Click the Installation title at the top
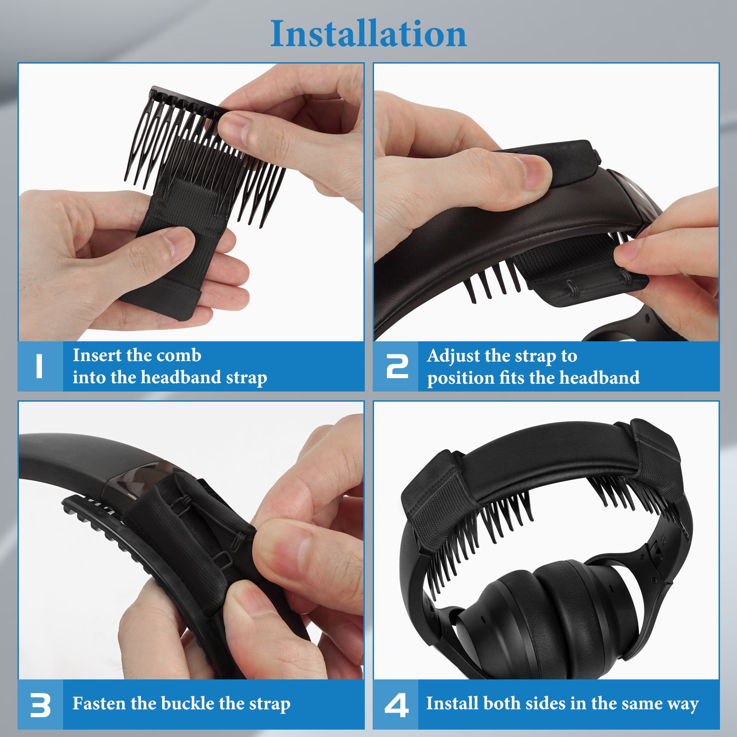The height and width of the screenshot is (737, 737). click(x=368, y=34)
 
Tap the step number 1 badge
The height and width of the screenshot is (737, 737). click(x=40, y=367)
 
